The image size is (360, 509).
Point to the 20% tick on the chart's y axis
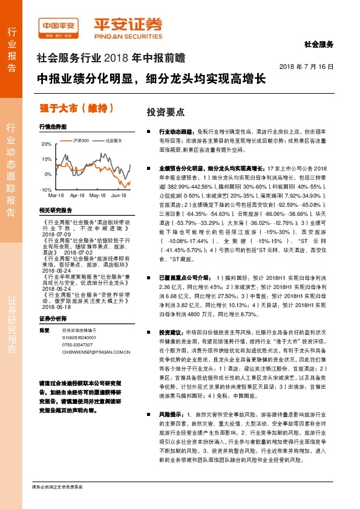click(47, 144)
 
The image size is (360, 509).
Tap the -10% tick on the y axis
click(45, 190)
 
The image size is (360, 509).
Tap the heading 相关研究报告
click(55, 210)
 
